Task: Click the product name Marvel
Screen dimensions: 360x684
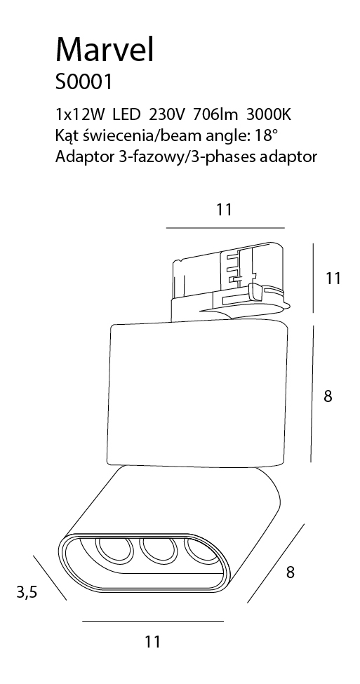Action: tap(105, 49)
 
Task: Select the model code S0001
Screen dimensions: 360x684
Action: tap(84, 81)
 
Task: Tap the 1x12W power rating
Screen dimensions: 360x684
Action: tap(80, 115)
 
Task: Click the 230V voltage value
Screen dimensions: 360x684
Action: tap(168, 115)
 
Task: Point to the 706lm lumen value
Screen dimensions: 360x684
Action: tap(216, 115)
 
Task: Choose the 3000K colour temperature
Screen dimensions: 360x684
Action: tap(269, 115)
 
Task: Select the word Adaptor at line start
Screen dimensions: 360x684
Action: tap(84, 157)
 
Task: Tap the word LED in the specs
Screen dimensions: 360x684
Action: tap(126, 115)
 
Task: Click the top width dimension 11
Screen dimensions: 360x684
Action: tap(224, 210)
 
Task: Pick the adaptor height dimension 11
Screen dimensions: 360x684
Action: tap(333, 278)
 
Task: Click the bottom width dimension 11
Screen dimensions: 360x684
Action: tap(153, 642)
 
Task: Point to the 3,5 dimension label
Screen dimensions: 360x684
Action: tap(27, 592)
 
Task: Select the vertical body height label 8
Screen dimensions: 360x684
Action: tap(328, 396)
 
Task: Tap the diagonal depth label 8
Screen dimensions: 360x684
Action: tap(291, 572)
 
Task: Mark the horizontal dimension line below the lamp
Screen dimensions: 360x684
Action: tap(153, 621)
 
